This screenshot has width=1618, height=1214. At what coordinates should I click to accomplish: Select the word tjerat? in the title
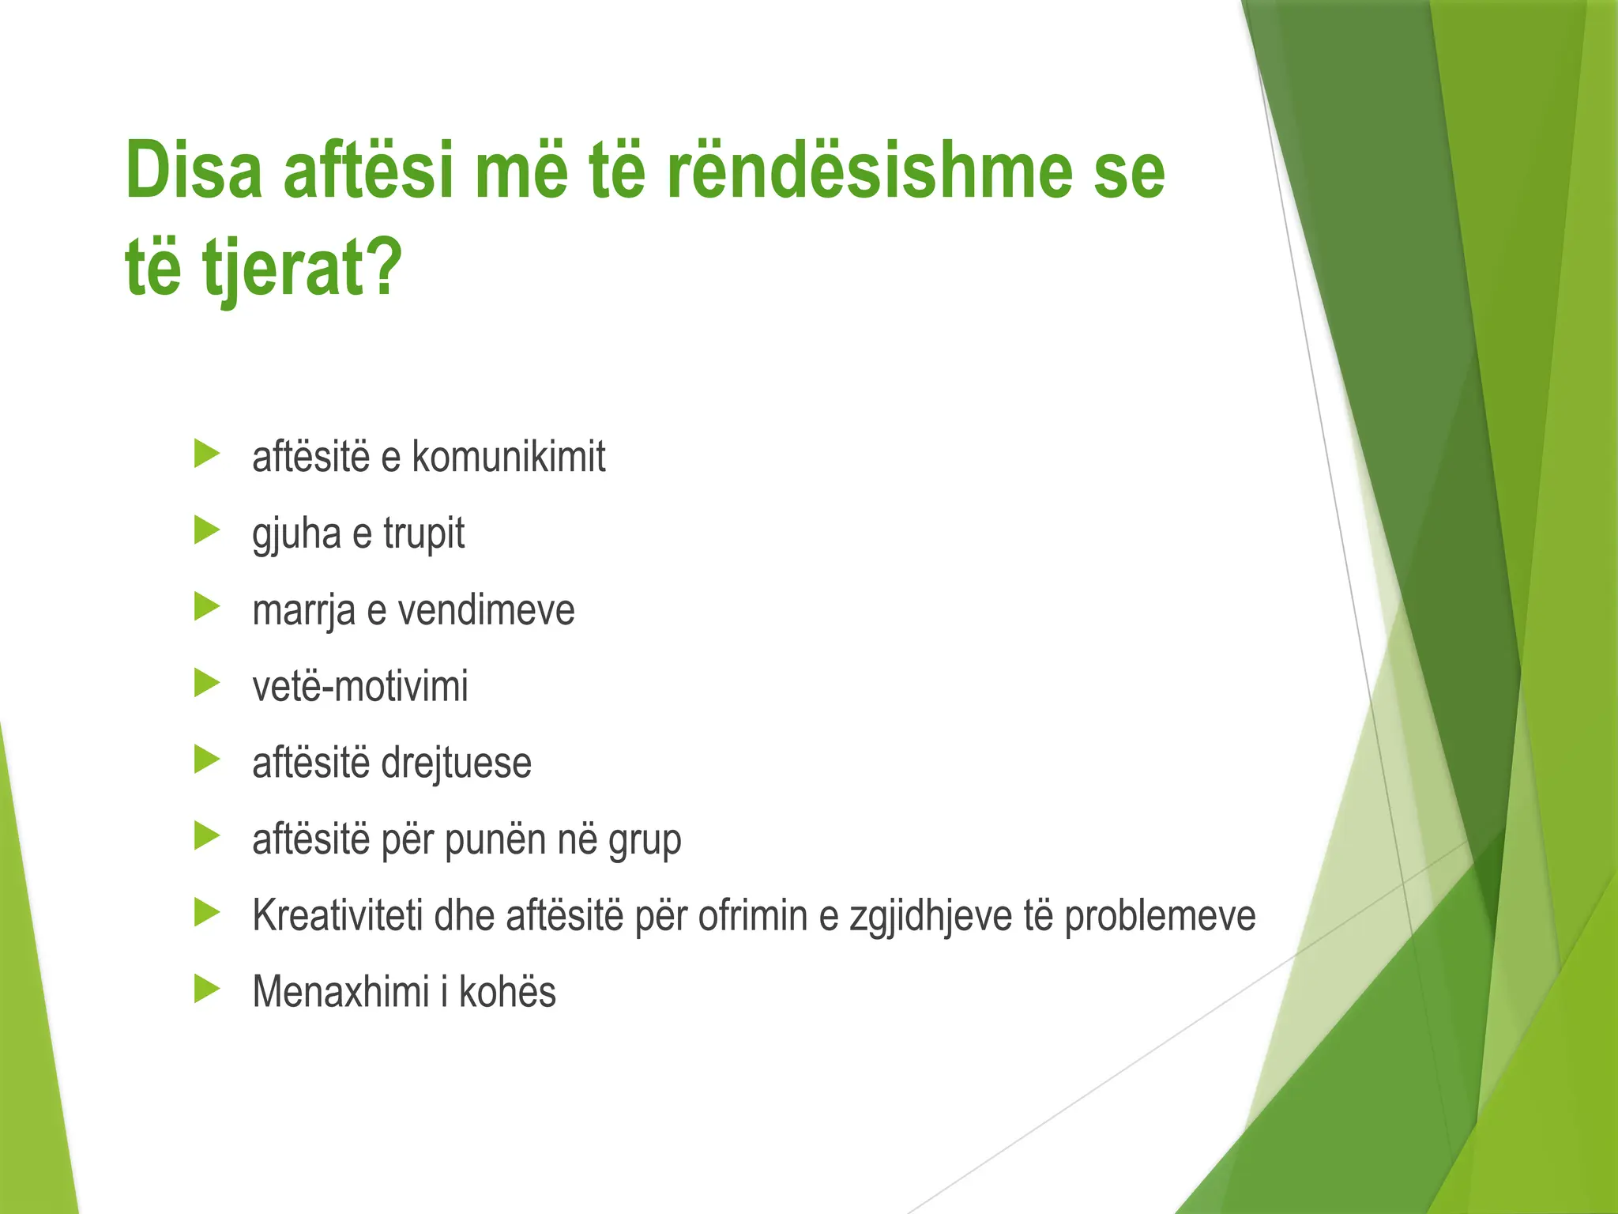[x=300, y=269]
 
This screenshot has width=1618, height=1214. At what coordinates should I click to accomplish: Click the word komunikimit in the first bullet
[x=509, y=458]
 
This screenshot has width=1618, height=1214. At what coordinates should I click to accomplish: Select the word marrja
[x=303, y=611]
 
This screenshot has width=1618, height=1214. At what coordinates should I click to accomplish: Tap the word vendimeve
[x=486, y=611]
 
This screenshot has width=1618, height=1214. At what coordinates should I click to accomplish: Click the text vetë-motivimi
[x=360, y=686]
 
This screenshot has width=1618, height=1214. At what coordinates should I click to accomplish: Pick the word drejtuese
[x=457, y=763]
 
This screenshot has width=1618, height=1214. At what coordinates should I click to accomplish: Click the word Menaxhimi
[x=341, y=991]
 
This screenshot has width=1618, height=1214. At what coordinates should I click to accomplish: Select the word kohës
[x=507, y=991]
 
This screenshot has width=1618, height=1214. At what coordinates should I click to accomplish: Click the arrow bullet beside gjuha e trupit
[x=206, y=530]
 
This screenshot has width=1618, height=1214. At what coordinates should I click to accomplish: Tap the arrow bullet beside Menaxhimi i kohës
[x=206, y=989]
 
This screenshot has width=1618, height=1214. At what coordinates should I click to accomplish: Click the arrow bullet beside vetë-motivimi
[x=206, y=683]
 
